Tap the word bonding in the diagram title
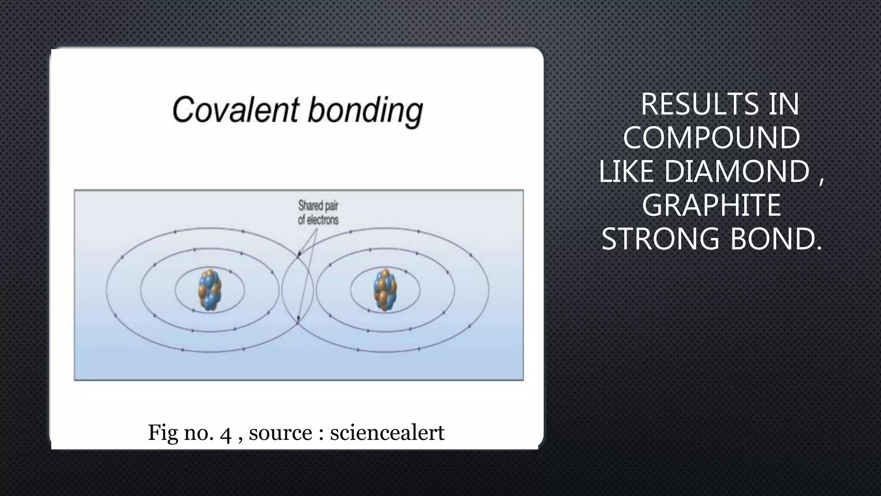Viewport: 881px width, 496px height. [x=365, y=111]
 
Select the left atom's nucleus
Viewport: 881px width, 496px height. [x=209, y=290]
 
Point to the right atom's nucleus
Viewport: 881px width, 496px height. [x=385, y=290]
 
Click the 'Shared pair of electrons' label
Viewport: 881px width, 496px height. [x=318, y=213]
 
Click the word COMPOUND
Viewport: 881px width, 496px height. [x=712, y=138]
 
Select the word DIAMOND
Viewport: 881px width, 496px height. [x=737, y=171]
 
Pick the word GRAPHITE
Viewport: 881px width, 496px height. [x=712, y=205]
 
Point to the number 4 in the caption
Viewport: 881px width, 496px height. [x=225, y=433]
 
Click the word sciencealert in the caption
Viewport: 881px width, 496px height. [x=387, y=432]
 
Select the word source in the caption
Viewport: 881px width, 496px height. [x=280, y=433]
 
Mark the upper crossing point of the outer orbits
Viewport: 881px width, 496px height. [x=298, y=257]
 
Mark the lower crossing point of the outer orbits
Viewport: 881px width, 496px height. [x=298, y=322]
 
